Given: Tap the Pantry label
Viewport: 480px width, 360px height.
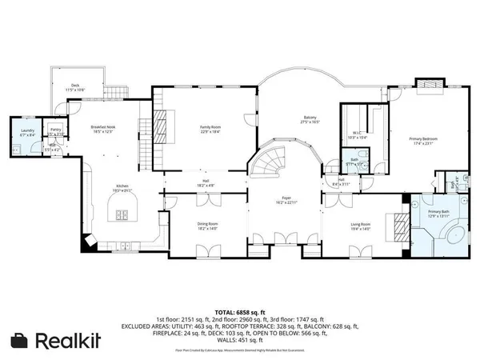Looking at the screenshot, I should point(56,130).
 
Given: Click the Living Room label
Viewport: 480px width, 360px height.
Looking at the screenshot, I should point(361,226).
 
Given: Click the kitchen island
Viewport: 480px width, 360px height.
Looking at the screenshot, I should point(122,214).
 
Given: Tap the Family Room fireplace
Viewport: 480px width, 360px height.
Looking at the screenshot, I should point(160,126).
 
